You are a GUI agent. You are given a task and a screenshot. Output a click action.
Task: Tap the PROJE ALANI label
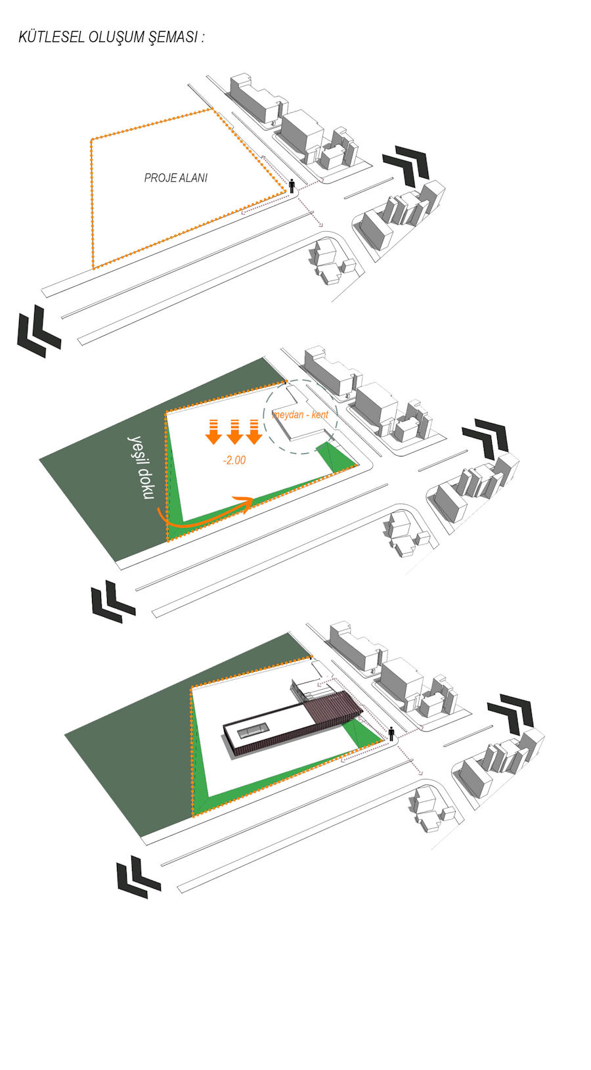(x=176, y=178)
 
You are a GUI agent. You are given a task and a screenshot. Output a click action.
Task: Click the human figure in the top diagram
(x=292, y=186)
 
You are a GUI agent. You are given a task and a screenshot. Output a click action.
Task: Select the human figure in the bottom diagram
(x=391, y=733)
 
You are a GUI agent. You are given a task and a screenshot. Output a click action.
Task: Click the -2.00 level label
(x=234, y=460)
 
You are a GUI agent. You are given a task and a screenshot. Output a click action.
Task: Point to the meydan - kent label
(x=300, y=414)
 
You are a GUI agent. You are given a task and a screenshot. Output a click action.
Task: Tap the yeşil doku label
(x=141, y=468)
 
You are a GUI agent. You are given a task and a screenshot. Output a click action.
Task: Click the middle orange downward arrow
(x=234, y=432)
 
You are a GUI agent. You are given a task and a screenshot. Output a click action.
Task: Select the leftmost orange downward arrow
(x=213, y=432)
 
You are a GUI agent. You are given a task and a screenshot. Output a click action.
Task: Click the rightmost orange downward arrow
(x=254, y=432)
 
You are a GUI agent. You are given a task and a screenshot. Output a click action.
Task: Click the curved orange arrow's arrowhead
(x=246, y=504)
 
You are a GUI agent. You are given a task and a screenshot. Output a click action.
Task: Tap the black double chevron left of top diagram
(x=38, y=332)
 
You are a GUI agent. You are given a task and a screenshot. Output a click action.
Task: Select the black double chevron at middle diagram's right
(x=485, y=438)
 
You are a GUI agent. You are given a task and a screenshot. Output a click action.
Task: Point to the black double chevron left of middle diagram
(x=113, y=602)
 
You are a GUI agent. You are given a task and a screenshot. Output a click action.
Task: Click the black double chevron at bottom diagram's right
(x=510, y=713)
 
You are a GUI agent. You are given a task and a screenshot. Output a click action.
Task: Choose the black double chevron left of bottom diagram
(x=139, y=877)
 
